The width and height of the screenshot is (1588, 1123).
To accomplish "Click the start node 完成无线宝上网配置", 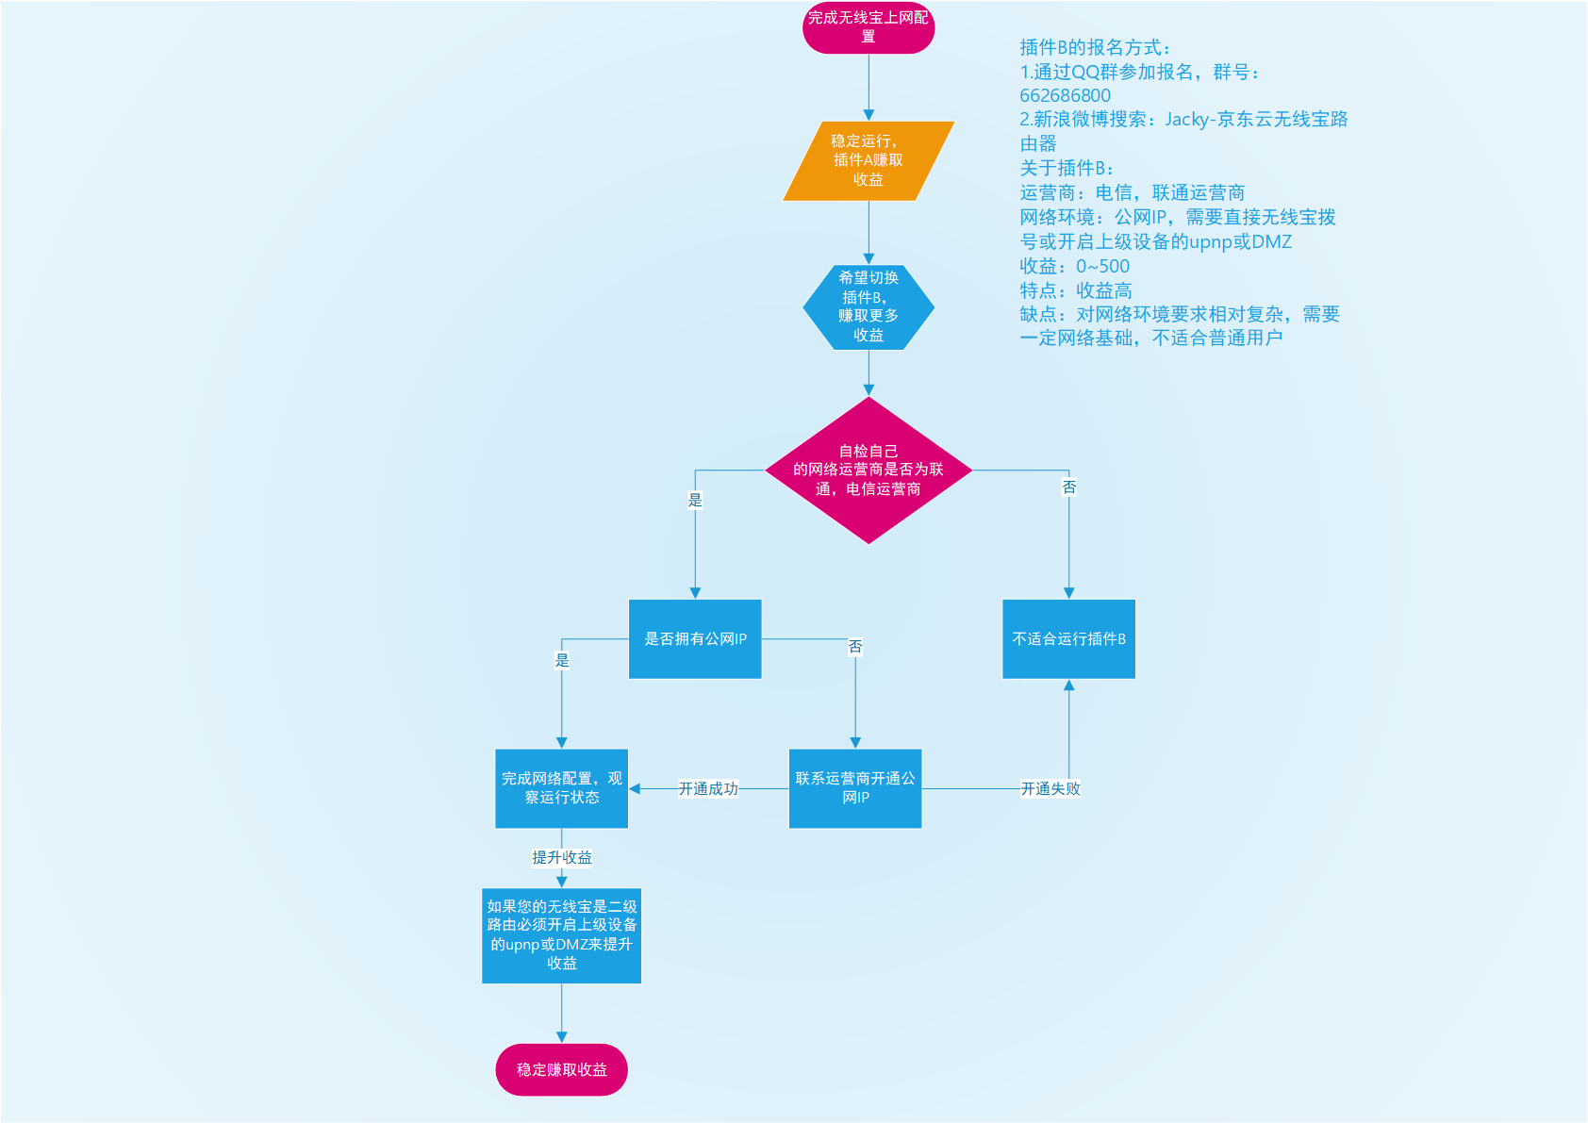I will [868, 27].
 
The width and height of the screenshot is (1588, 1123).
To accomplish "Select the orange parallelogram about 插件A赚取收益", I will [868, 160].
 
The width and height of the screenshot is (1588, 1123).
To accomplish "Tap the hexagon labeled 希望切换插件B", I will [868, 306].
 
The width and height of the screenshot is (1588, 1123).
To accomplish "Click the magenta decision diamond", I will [868, 470].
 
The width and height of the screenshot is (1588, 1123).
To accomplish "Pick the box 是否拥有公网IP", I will [695, 638].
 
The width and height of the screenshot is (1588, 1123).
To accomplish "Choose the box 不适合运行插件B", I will [1068, 638].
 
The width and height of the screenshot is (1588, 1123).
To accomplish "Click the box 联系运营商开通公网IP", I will [854, 788].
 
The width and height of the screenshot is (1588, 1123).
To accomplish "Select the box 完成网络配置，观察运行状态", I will [561, 788].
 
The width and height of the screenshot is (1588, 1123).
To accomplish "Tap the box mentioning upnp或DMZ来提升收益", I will [561, 934].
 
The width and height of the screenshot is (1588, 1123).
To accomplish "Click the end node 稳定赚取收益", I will [561, 1069].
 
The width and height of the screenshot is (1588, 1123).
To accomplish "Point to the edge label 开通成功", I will [708, 788].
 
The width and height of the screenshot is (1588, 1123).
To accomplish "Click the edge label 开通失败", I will [1050, 788].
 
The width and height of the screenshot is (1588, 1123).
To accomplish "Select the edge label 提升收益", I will [561, 857].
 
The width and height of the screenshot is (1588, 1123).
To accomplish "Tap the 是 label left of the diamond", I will [695, 500].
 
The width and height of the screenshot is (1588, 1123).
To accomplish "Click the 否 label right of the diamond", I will [1068, 487].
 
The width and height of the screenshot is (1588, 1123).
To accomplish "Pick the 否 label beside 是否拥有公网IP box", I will [854, 646].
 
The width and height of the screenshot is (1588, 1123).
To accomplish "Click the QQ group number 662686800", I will [1065, 95].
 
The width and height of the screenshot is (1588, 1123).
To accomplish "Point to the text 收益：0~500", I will [1074, 266].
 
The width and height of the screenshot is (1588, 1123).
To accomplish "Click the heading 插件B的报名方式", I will [1094, 47].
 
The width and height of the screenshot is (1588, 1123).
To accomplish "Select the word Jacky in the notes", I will [1186, 119].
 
